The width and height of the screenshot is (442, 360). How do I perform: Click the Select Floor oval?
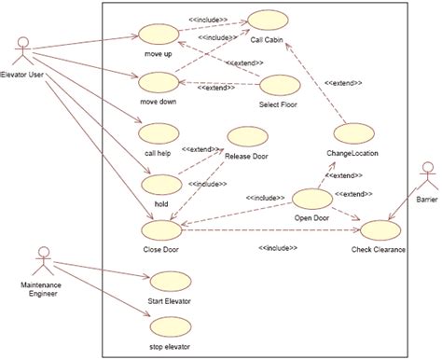278,86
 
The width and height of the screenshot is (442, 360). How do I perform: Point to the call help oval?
157,132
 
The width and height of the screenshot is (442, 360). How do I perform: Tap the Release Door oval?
246,137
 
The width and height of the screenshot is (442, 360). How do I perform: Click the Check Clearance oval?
378,230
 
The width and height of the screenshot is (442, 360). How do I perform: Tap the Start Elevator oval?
169,282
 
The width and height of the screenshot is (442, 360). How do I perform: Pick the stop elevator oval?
169,327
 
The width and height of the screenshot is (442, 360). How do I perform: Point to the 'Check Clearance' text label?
378,250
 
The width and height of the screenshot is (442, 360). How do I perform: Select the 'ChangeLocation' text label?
352,152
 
